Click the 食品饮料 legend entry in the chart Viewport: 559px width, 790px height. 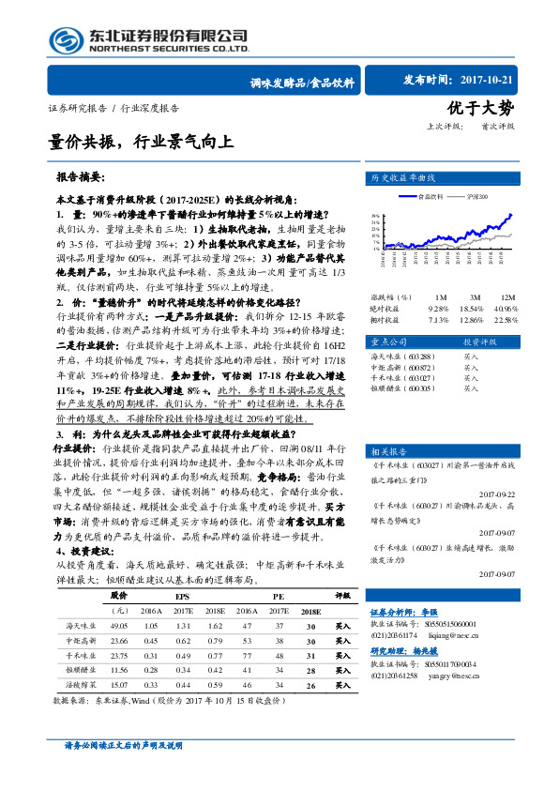click(428, 196)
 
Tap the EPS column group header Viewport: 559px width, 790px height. click(183, 596)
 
